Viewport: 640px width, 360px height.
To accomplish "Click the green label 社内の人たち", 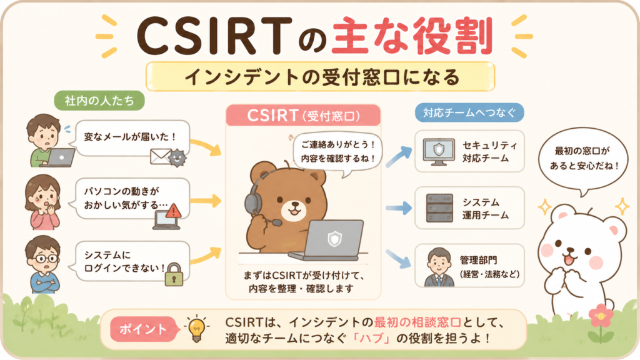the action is click(99, 101).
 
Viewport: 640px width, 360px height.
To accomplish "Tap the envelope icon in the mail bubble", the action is click(160, 157).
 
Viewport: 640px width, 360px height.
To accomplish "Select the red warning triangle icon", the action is click(174, 211).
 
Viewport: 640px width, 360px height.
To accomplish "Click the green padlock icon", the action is click(174, 274).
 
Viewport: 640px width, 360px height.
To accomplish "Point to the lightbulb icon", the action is click(197, 328).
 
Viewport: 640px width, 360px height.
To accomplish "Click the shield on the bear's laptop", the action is click(335, 239).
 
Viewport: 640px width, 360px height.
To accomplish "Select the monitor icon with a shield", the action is click(439, 152).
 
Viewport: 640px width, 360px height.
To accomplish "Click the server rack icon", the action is click(439, 207).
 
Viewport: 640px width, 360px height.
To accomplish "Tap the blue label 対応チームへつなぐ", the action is click(469, 112).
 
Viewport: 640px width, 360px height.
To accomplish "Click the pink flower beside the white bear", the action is click(601, 316).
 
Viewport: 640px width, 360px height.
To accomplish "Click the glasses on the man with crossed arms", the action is click(46, 258).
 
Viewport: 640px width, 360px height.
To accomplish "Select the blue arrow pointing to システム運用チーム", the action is click(398, 207).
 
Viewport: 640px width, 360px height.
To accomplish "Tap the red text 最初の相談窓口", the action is click(417, 322).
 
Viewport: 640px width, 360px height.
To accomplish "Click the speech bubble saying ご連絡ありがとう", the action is click(338, 153).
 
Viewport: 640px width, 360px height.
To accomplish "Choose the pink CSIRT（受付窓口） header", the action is click(303, 116).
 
